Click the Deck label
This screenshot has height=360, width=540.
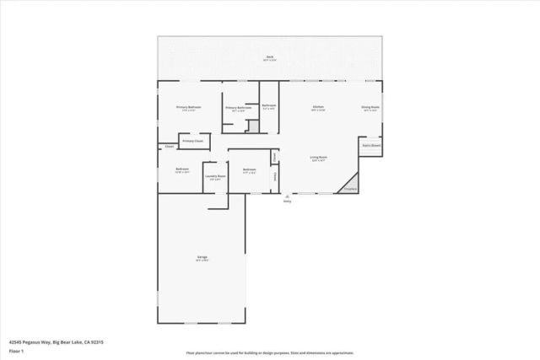tap(271, 56)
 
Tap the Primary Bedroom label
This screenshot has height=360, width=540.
tap(188, 107)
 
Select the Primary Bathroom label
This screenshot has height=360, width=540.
tap(238, 108)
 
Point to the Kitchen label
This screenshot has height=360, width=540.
tap(318, 107)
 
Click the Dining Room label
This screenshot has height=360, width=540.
tap(370, 107)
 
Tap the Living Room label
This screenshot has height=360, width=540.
tap(318, 157)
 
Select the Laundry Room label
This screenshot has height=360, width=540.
tap(214, 175)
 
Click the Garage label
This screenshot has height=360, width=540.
tap(202, 256)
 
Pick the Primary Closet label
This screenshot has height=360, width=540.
tap(193, 141)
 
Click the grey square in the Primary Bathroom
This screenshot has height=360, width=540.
tap(252, 126)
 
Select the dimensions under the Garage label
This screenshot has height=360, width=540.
tap(202, 261)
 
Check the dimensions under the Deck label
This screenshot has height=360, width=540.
tap(271, 60)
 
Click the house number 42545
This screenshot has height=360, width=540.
tap(16, 342)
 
